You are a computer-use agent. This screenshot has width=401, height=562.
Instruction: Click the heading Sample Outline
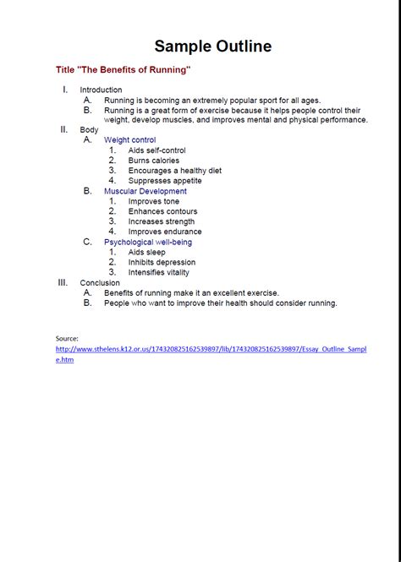pos(212,46)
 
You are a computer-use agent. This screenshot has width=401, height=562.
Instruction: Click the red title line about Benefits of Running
pos(124,69)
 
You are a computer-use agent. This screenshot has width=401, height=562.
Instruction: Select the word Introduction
pos(101,90)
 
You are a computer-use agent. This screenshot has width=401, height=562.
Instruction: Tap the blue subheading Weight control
pos(129,140)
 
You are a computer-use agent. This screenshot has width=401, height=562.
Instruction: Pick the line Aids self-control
pos(157,150)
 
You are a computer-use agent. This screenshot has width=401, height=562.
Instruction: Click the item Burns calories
pos(153,161)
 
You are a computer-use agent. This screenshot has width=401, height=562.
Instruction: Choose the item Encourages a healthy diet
pos(174,171)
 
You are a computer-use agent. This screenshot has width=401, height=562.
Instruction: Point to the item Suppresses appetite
pos(165,181)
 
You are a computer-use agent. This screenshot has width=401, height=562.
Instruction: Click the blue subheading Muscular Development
pos(145,191)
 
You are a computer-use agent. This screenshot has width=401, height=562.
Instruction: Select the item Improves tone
pos(153,201)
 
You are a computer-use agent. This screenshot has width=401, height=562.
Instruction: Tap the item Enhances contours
pos(162,211)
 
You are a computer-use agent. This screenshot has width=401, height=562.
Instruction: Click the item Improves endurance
pos(165,232)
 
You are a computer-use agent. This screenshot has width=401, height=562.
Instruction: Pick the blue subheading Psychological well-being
pos(147,242)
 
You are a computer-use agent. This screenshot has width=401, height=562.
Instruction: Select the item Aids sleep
pos(147,252)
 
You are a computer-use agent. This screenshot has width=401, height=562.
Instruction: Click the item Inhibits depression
pos(162,262)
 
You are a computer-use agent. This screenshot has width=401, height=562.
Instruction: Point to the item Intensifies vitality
pos(158,272)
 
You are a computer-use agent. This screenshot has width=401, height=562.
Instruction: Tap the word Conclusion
pos(99,282)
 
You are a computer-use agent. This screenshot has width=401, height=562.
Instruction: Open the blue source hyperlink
pos(211,348)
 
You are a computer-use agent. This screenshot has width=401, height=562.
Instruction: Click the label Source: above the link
pos(67,338)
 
